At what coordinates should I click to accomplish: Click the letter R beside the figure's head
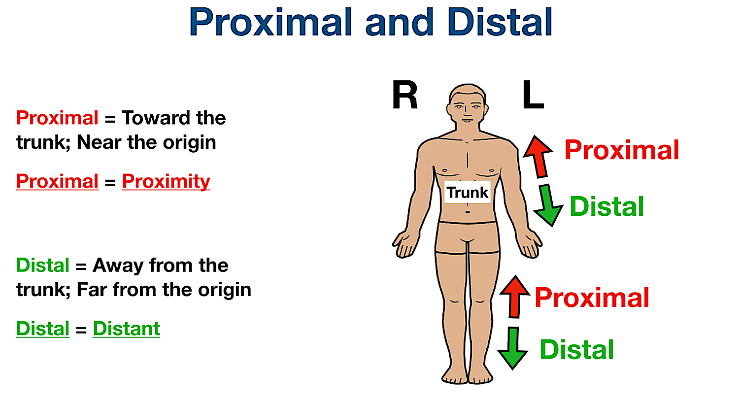[405, 96]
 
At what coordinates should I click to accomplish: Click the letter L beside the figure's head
[533, 96]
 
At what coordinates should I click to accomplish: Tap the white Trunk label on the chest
[467, 192]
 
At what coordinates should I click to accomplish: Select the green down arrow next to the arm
[548, 205]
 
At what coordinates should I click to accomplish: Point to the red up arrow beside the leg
[514, 296]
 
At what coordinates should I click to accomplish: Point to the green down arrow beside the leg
[513, 348]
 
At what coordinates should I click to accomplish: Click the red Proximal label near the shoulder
[622, 150]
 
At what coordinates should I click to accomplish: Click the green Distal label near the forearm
[606, 206]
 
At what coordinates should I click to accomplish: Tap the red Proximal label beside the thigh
[592, 298]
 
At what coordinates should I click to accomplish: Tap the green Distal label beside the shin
[576, 350]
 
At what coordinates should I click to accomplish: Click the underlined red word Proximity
[166, 181]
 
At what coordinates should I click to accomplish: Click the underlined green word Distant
[126, 329]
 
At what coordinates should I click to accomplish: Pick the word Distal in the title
[500, 22]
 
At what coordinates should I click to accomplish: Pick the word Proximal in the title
[269, 22]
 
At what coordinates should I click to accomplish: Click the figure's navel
[468, 212]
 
